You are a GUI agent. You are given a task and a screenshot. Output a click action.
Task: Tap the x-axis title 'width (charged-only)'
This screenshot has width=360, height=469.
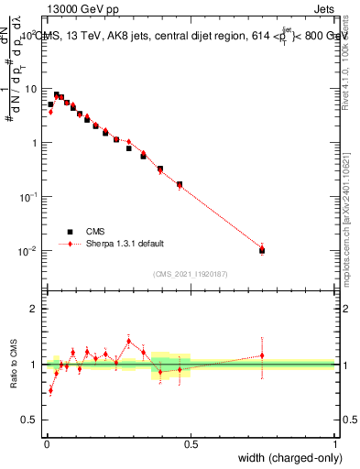tap(284, 458)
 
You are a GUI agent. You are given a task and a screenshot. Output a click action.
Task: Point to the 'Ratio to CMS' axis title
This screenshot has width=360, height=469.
tap(14, 364)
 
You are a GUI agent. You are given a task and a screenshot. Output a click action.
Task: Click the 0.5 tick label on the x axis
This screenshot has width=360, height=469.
tap(191, 443)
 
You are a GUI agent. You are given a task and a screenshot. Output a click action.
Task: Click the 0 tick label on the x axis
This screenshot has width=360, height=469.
tap(47, 443)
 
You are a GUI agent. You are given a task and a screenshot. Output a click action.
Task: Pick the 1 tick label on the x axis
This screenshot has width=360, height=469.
tap(335, 443)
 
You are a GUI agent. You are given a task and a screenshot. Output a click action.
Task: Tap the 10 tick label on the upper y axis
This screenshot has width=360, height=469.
tap(32, 89)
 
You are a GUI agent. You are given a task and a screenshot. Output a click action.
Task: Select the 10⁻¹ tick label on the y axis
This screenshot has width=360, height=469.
tap(30, 197)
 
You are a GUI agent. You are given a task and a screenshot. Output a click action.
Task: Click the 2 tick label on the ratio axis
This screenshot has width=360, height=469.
tap(35, 309)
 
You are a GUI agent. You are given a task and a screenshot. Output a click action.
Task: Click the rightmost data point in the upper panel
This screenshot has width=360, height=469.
tap(262, 249)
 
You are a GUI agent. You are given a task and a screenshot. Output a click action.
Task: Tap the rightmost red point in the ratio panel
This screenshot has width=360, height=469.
tap(262, 355)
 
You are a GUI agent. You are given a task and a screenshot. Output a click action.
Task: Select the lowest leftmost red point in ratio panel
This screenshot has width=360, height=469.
tap(50, 390)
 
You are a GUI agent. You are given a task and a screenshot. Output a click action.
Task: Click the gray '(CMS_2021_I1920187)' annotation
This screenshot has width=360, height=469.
tap(191, 273)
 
